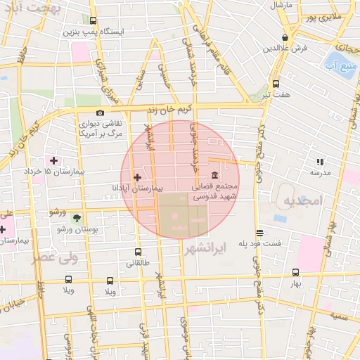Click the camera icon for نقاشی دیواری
coord(101,112)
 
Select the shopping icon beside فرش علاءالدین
coord(285,37)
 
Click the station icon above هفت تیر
coord(276,82)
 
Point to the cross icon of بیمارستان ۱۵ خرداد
coord(53,161)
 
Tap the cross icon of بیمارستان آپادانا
coord(137,177)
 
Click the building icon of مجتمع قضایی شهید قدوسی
coord(214,176)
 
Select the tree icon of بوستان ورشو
coord(77,218)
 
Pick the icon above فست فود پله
coord(259,233)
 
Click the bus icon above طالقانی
coord(138,252)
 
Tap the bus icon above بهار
coord(295,272)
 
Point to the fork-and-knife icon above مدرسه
coord(320,162)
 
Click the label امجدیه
coord(302,202)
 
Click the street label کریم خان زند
coord(169,108)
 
